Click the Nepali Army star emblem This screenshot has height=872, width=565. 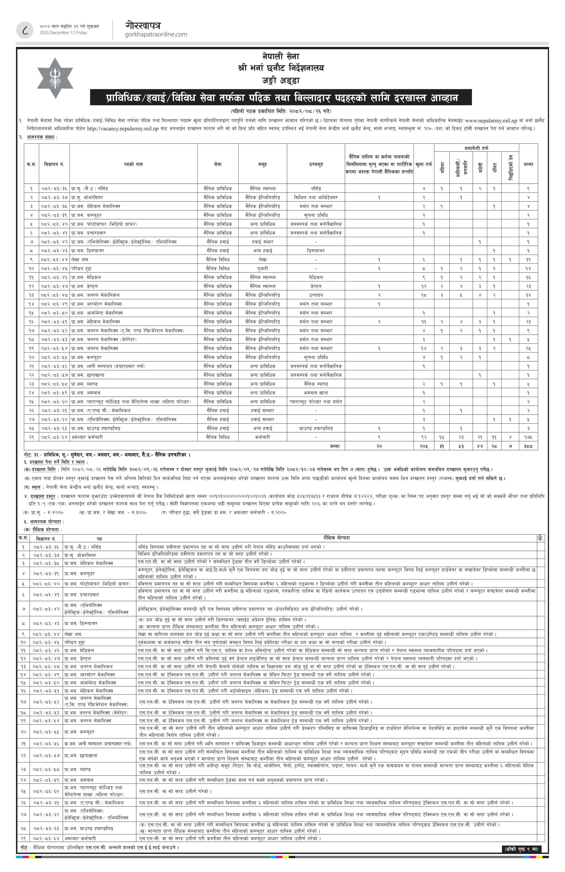pyautogui.click(x=55, y=78)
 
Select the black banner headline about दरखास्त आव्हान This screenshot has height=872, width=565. pyautogui.click(x=281, y=98)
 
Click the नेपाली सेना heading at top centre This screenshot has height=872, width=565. pyautogui.click(x=281, y=56)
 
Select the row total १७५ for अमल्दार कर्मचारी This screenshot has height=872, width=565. pyautogui.click(x=528, y=437)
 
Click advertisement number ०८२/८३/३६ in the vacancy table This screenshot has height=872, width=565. pyautogui.click(x=54, y=188)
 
